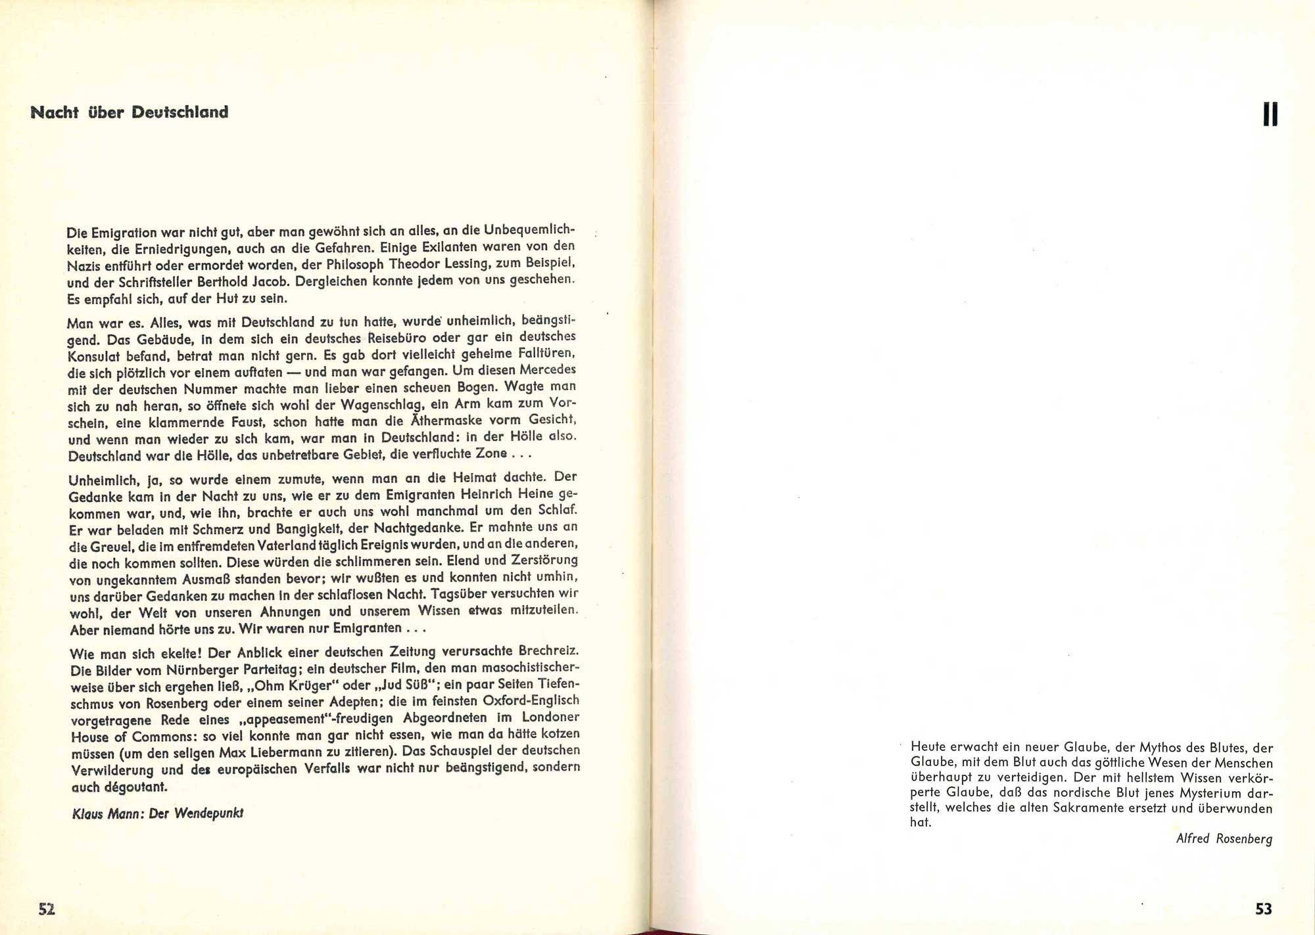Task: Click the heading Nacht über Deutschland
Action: coord(130,112)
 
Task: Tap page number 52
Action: coord(47,909)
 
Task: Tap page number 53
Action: coord(1263,909)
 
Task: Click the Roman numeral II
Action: coord(1270,116)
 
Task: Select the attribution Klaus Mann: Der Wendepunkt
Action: coord(157,813)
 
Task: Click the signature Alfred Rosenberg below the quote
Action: coord(1224,839)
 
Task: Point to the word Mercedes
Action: coord(544,370)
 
